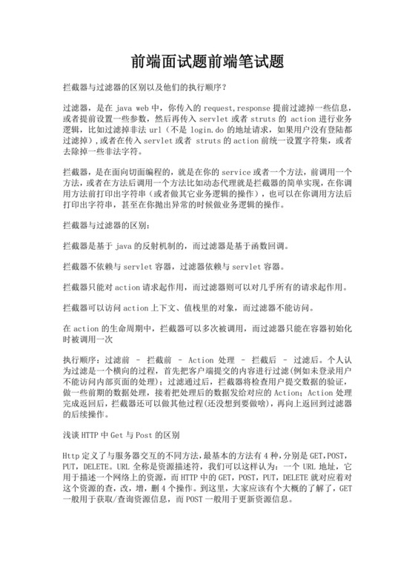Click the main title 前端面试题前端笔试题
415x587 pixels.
[x=207, y=59]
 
